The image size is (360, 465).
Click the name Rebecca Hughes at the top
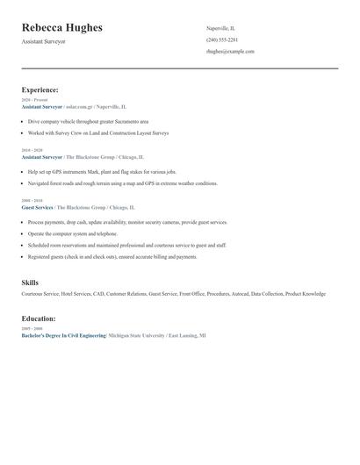pyautogui.click(x=61, y=28)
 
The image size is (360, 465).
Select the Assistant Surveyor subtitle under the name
pyautogui.click(x=45, y=42)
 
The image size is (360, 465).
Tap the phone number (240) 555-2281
pyautogui.click(x=222, y=39)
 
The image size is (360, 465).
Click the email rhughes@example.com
pyautogui.click(x=230, y=51)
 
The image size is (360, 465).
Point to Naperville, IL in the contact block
pyautogui.click(x=220, y=28)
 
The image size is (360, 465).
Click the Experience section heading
pyautogui.click(x=40, y=89)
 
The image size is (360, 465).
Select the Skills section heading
pyautogui.click(x=30, y=283)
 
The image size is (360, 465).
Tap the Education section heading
pyautogui.click(x=39, y=318)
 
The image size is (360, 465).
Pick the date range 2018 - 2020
pyautogui.click(x=32, y=150)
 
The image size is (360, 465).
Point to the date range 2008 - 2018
pyautogui.click(x=32, y=201)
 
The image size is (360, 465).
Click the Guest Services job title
pyautogui.click(x=38, y=207)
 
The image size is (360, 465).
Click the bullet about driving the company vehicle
pyautogui.click(x=88, y=121)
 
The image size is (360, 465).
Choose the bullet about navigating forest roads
pyautogui.click(x=122, y=183)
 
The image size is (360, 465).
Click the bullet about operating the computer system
pyautogui.click(x=72, y=234)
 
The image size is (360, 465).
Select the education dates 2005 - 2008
pyautogui.click(x=32, y=328)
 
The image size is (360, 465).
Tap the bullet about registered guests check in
pyautogui.click(x=112, y=257)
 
